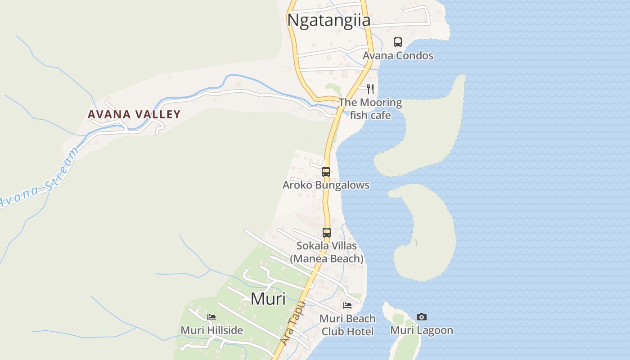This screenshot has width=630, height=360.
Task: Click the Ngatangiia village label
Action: coord(328,20)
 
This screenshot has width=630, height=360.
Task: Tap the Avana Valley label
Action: coord(134,114)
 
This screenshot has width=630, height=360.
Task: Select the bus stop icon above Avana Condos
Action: coord(398,42)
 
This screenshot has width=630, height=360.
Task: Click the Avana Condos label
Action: coord(398,56)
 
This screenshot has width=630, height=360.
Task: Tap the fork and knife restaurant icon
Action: coord(370,89)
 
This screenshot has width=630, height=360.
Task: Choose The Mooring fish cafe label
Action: coord(370,109)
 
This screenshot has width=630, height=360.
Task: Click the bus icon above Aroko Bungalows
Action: coord(326,171)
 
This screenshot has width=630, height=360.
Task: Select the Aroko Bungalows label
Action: coord(326,185)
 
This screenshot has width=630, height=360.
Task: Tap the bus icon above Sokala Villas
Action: coord(327,233)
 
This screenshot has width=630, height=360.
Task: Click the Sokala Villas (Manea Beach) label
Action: coord(327,252)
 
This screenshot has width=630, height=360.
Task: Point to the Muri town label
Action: coord(268,298)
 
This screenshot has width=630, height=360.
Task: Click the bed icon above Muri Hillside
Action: coord(211,317)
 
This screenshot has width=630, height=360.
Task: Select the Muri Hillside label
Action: coord(211,330)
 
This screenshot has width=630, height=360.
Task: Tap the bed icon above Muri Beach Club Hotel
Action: coord(347,306)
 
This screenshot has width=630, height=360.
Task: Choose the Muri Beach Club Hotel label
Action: coord(347,325)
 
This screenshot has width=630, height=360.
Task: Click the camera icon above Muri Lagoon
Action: coord(422,317)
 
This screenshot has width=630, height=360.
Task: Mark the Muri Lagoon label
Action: coord(422,330)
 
